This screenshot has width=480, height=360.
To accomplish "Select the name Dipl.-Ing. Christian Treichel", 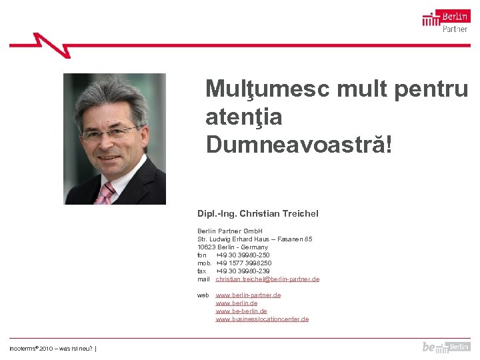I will [x=257, y=213].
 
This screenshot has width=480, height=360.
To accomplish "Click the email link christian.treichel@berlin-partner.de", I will [x=267, y=279].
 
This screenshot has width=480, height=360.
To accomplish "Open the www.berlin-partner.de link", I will [x=248, y=295].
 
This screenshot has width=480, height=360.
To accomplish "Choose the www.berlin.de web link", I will [x=237, y=303].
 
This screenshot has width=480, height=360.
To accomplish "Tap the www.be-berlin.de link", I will [x=241, y=311].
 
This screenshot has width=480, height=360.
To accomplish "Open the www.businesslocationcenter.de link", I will [x=262, y=319].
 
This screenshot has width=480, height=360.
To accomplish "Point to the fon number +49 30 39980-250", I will [x=243, y=255].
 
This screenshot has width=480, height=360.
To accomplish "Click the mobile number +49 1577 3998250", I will [x=243, y=263].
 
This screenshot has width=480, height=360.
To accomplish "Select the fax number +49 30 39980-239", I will [x=243, y=271].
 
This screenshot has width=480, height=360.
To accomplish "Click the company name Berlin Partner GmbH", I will [x=229, y=231].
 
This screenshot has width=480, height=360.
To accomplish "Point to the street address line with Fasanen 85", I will [x=255, y=239].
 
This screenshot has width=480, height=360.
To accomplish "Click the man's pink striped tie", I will [x=105, y=193].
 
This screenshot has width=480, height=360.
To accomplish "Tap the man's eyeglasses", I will [x=109, y=133].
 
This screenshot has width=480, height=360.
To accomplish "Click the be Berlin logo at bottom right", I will [x=445, y=347].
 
